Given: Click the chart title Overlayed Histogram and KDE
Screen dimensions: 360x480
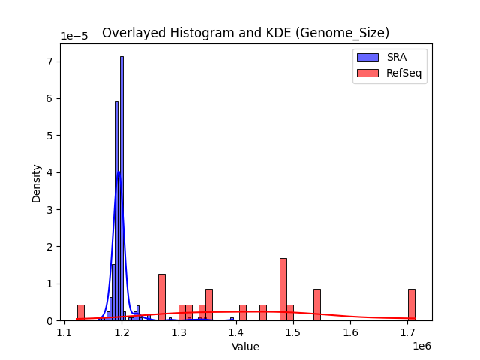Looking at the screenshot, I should click(245, 33).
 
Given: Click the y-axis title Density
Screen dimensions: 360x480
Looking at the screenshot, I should click(37, 183).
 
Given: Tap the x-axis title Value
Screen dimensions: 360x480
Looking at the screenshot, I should click(245, 346).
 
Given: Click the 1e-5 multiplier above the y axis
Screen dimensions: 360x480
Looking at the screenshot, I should click(75, 37).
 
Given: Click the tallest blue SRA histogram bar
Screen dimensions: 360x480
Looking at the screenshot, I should click(121, 187).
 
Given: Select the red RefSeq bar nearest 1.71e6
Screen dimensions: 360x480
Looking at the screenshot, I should click(412, 304).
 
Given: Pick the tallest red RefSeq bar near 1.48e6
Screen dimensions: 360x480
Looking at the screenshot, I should click(283, 289).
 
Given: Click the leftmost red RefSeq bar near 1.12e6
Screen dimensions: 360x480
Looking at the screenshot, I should click(81, 312).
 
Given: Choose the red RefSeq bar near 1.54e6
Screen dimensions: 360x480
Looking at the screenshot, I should click(317, 304).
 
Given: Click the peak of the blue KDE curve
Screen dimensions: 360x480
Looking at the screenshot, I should click(118, 172).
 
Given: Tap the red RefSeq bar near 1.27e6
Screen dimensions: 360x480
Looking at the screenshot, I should click(162, 297).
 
